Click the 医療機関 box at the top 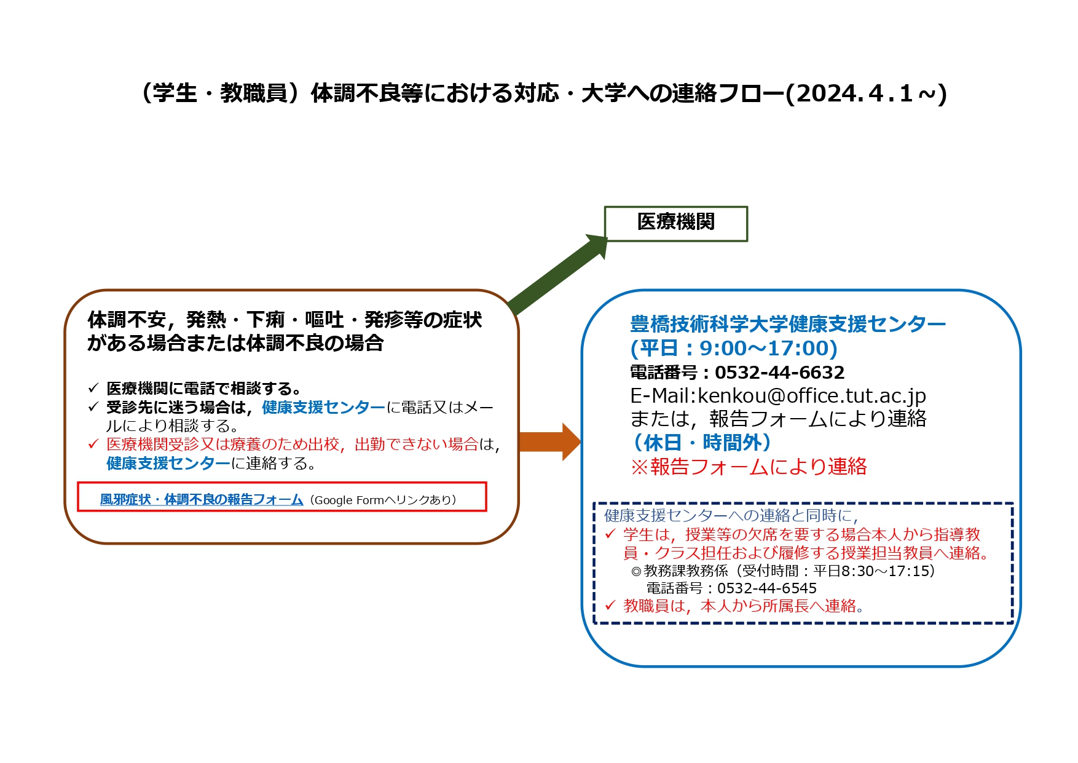coord(676,224)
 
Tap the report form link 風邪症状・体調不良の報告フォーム coord(202,500)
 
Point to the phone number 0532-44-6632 coord(779,373)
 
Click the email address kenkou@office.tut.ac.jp coord(811,396)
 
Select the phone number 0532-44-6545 coord(767,588)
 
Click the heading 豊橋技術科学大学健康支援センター coord(788,324)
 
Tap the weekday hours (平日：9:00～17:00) coord(734,349)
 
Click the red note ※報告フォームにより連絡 coord(749,467)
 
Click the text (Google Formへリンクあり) coord(383,500)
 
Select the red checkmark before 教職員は coord(610,606)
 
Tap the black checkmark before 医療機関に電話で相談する coord(93,388)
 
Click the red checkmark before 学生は coord(610,534)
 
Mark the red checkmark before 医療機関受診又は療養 coord(93,443)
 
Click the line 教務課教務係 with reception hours coord(783,571)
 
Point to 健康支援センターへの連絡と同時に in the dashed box coord(731,515)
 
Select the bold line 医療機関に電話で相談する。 coord(203,389)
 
